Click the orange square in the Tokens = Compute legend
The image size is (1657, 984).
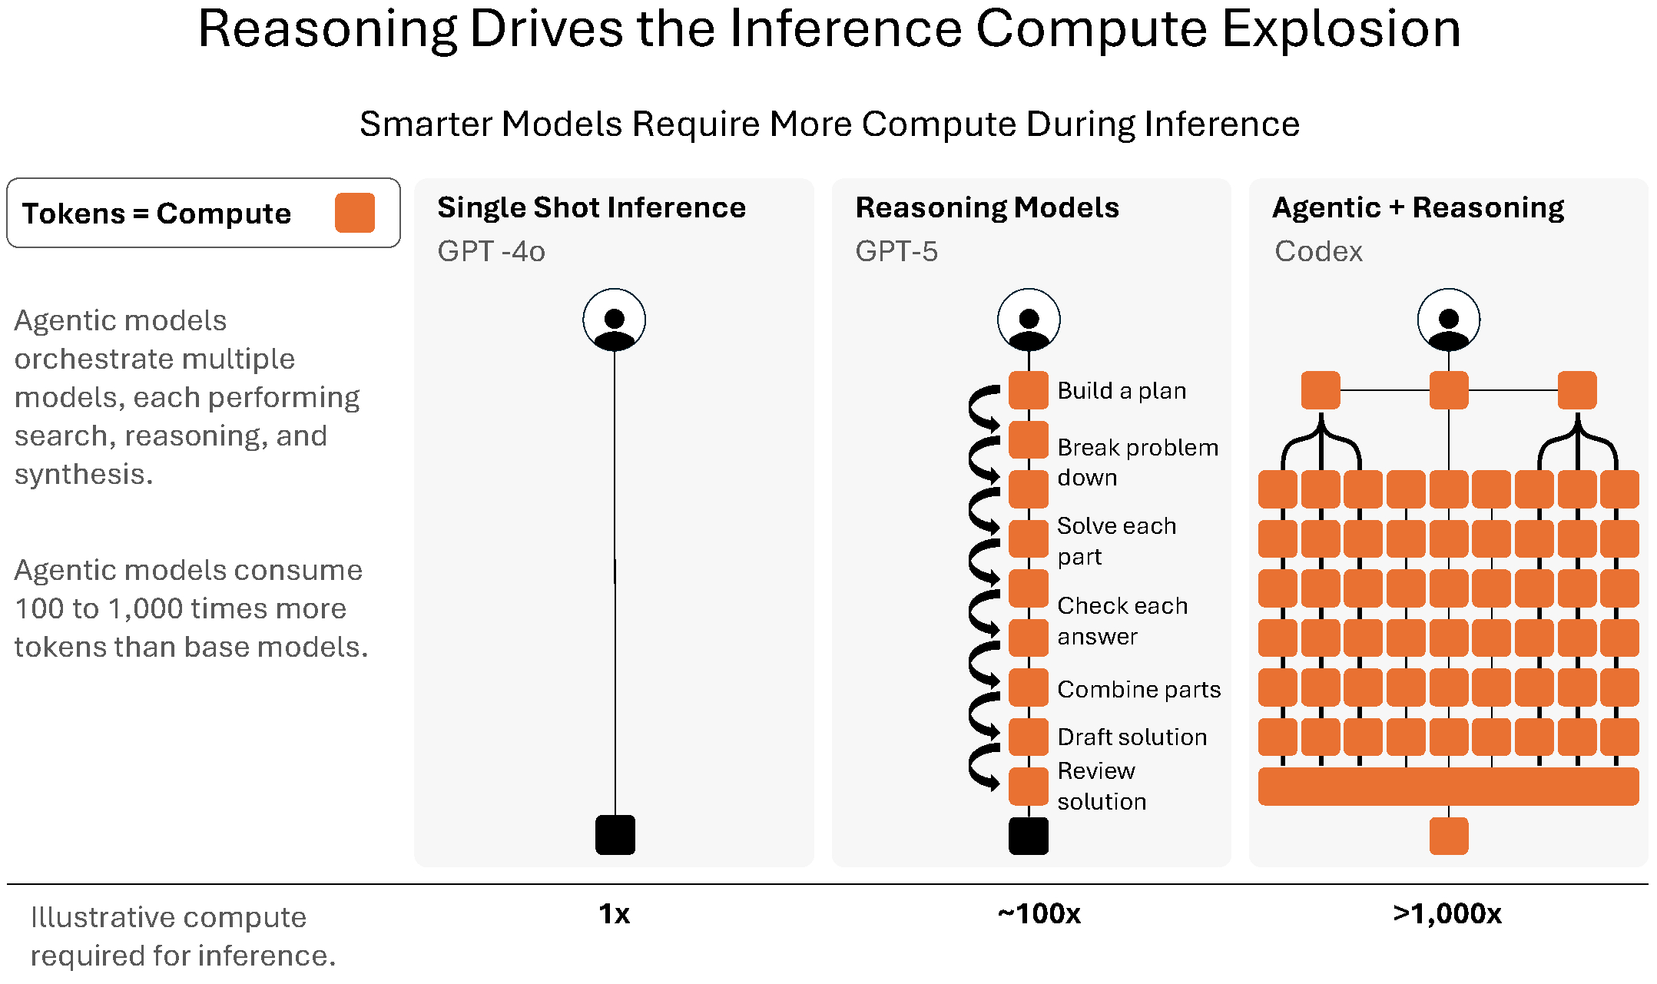[354, 213]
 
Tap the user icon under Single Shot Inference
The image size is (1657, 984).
[614, 320]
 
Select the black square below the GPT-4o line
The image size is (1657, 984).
[615, 835]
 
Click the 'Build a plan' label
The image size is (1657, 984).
[1122, 391]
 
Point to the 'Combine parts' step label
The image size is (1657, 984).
[1138, 689]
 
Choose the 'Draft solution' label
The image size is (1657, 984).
[1132, 737]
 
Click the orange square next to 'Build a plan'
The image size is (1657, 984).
[1028, 390]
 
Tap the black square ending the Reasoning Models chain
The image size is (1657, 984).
[1028, 836]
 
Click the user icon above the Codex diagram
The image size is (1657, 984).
[1448, 320]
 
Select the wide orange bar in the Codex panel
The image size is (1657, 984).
[1448, 787]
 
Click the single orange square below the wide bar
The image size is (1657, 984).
[1449, 836]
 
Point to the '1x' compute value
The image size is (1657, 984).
[615, 914]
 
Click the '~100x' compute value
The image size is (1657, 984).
[1039, 914]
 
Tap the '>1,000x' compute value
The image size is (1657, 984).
[1447, 914]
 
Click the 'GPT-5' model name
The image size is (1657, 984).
[896, 251]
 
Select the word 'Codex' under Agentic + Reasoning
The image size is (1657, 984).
[1318, 251]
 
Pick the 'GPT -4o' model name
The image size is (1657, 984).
[491, 251]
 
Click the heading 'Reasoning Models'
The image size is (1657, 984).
[987, 207]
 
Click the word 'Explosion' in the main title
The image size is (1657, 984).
[1341, 29]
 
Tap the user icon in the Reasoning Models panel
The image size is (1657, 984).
[1029, 320]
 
